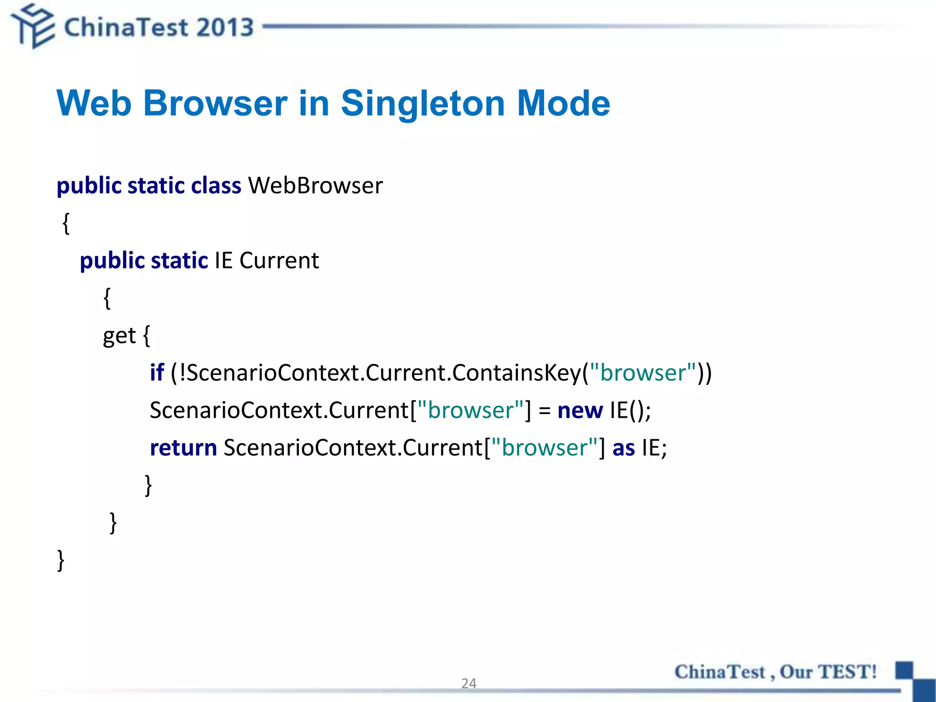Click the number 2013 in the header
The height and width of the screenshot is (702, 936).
[x=225, y=27]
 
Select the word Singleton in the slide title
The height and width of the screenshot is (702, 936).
[x=423, y=103]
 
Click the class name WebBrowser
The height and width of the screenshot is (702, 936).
[x=315, y=186]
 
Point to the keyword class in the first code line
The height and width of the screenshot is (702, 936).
[x=216, y=186]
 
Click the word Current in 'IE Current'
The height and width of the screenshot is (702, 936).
[x=279, y=261]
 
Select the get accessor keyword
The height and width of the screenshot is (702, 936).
[x=119, y=336]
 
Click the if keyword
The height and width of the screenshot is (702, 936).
[x=157, y=372]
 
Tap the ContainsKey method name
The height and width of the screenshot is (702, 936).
[x=516, y=372]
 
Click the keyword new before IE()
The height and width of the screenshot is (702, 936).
[x=580, y=410]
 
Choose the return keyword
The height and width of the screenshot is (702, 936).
[x=183, y=447]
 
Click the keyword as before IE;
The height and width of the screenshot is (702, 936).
[x=623, y=447]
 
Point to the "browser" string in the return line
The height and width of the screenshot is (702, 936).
[x=544, y=447]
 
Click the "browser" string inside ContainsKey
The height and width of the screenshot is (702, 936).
[x=643, y=372]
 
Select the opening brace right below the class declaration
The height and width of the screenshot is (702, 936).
[x=66, y=223]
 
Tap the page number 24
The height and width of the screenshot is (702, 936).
[x=468, y=683]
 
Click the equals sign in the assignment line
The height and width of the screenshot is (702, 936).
[x=544, y=410]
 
